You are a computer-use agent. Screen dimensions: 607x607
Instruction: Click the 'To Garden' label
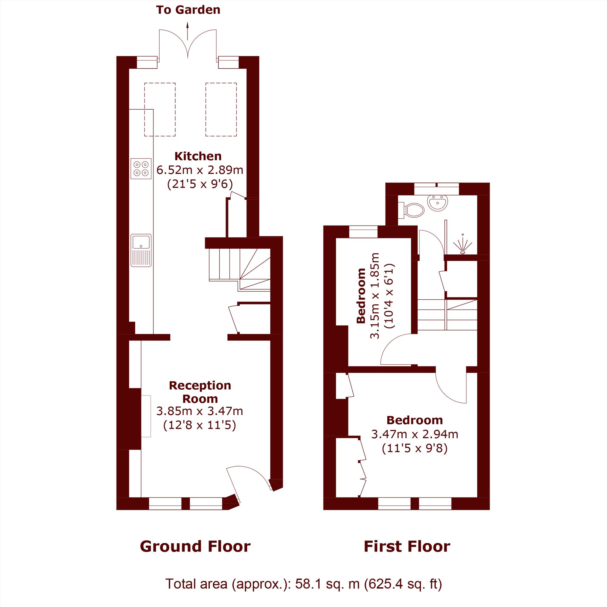click(x=188, y=10)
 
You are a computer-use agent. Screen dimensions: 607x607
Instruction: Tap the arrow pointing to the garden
click(x=188, y=31)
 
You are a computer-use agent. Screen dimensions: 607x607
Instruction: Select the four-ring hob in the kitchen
click(x=141, y=169)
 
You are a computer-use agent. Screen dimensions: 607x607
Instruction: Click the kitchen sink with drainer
click(x=141, y=250)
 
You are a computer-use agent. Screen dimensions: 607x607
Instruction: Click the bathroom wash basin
click(x=437, y=203)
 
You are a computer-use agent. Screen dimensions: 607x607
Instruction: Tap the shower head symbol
click(x=463, y=244)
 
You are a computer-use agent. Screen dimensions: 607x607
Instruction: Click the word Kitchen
click(x=198, y=156)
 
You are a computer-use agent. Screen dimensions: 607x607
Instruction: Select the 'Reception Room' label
click(x=200, y=392)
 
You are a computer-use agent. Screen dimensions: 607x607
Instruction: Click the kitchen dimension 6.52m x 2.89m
click(x=200, y=170)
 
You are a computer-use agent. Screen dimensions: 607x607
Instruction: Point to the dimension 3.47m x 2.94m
click(x=415, y=434)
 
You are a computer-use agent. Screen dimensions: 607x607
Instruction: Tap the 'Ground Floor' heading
click(x=195, y=546)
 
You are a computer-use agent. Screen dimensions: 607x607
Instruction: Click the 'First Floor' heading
click(x=407, y=546)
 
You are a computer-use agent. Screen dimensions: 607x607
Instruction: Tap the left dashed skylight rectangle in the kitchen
click(x=160, y=110)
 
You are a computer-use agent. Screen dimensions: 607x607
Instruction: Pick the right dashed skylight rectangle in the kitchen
click(x=221, y=110)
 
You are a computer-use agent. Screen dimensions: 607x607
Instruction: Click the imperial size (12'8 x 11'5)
click(x=199, y=425)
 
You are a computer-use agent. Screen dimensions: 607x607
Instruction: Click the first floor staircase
click(x=447, y=314)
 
